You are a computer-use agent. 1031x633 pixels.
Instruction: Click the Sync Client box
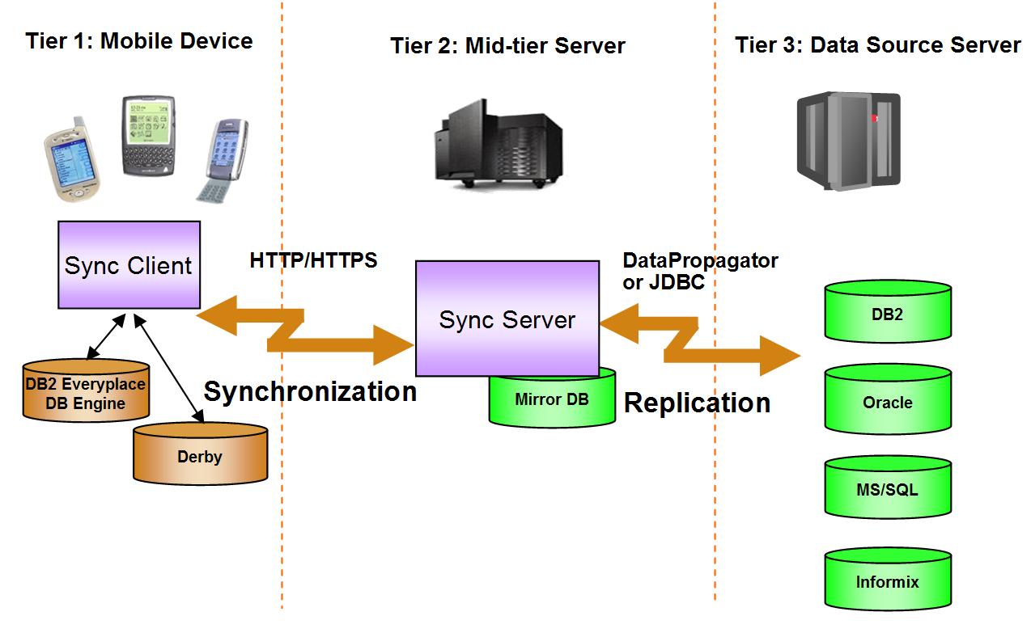coord(129,264)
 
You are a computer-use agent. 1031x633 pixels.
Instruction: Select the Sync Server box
coord(507,319)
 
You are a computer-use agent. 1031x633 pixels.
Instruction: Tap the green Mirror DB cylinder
coord(552,402)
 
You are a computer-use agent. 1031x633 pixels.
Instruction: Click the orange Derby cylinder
coord(200,456)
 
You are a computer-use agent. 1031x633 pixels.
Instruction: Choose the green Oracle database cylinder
coord(888,403)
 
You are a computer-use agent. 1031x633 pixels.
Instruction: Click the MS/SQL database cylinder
coord(888,490)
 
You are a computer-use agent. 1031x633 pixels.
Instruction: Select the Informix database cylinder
coord(888,582)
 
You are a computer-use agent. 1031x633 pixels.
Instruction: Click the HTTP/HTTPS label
coord(314,261)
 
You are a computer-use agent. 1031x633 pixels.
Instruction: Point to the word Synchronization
coord(310,391)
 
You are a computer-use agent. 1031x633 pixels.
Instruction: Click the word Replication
coord(697,402)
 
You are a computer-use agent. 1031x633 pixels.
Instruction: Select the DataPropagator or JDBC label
coord(700,271)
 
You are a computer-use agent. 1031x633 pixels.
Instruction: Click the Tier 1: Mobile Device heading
coord(139,41)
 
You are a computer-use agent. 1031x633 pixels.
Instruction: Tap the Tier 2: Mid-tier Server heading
coord(507,45)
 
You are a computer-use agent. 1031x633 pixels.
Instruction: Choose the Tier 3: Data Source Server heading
coord(878,44)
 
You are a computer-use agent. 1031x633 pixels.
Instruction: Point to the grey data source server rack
coord(847,140)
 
